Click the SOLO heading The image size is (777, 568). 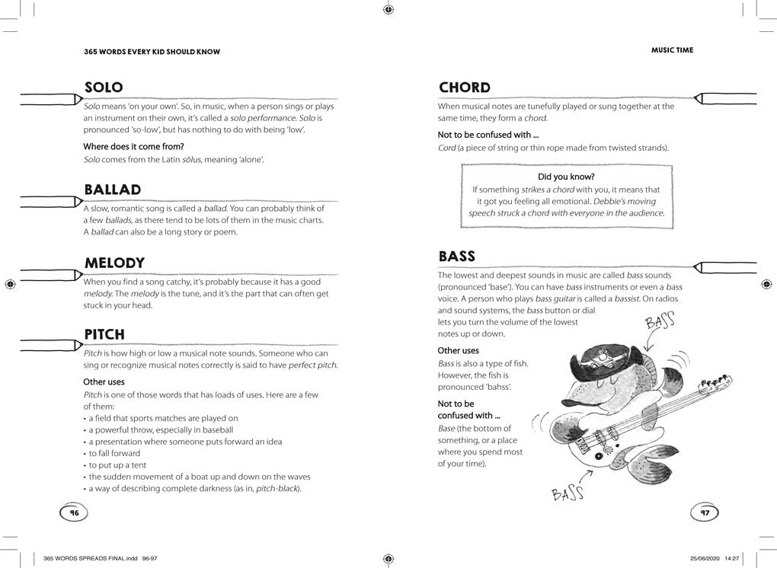pyautogui.click(x=104, y=88)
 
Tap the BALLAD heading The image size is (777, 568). pyautogui.click(x=113, y=190)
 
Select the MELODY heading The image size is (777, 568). pyautogui.click(x=114, y=263)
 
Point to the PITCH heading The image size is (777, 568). pyautogui.click(x=104, y=334)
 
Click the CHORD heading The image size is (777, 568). pyautogui.click(x=465, y=88)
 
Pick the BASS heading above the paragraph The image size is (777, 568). pyautogui.click(x=457, y=256)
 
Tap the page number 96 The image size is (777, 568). pyautogui.click(x=74, y=513)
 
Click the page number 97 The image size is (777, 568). pyautogui.click(x=705, y=513)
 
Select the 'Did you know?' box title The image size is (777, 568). pyautogui.click(x=566, y=177)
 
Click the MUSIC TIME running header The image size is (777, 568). pyautogui.click(x=672, y=50)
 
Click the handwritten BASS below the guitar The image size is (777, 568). pyautogui.click(x=568, y=494)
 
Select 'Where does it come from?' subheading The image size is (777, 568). pyautogui.click(x=133, y=146)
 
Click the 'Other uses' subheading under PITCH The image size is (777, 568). pyautogui.click(x=104, y=381)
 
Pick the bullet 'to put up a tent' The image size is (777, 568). pyautogui.click(x=117, y=465)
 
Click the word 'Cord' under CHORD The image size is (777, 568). pyautogui.click(x=446, y=148)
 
